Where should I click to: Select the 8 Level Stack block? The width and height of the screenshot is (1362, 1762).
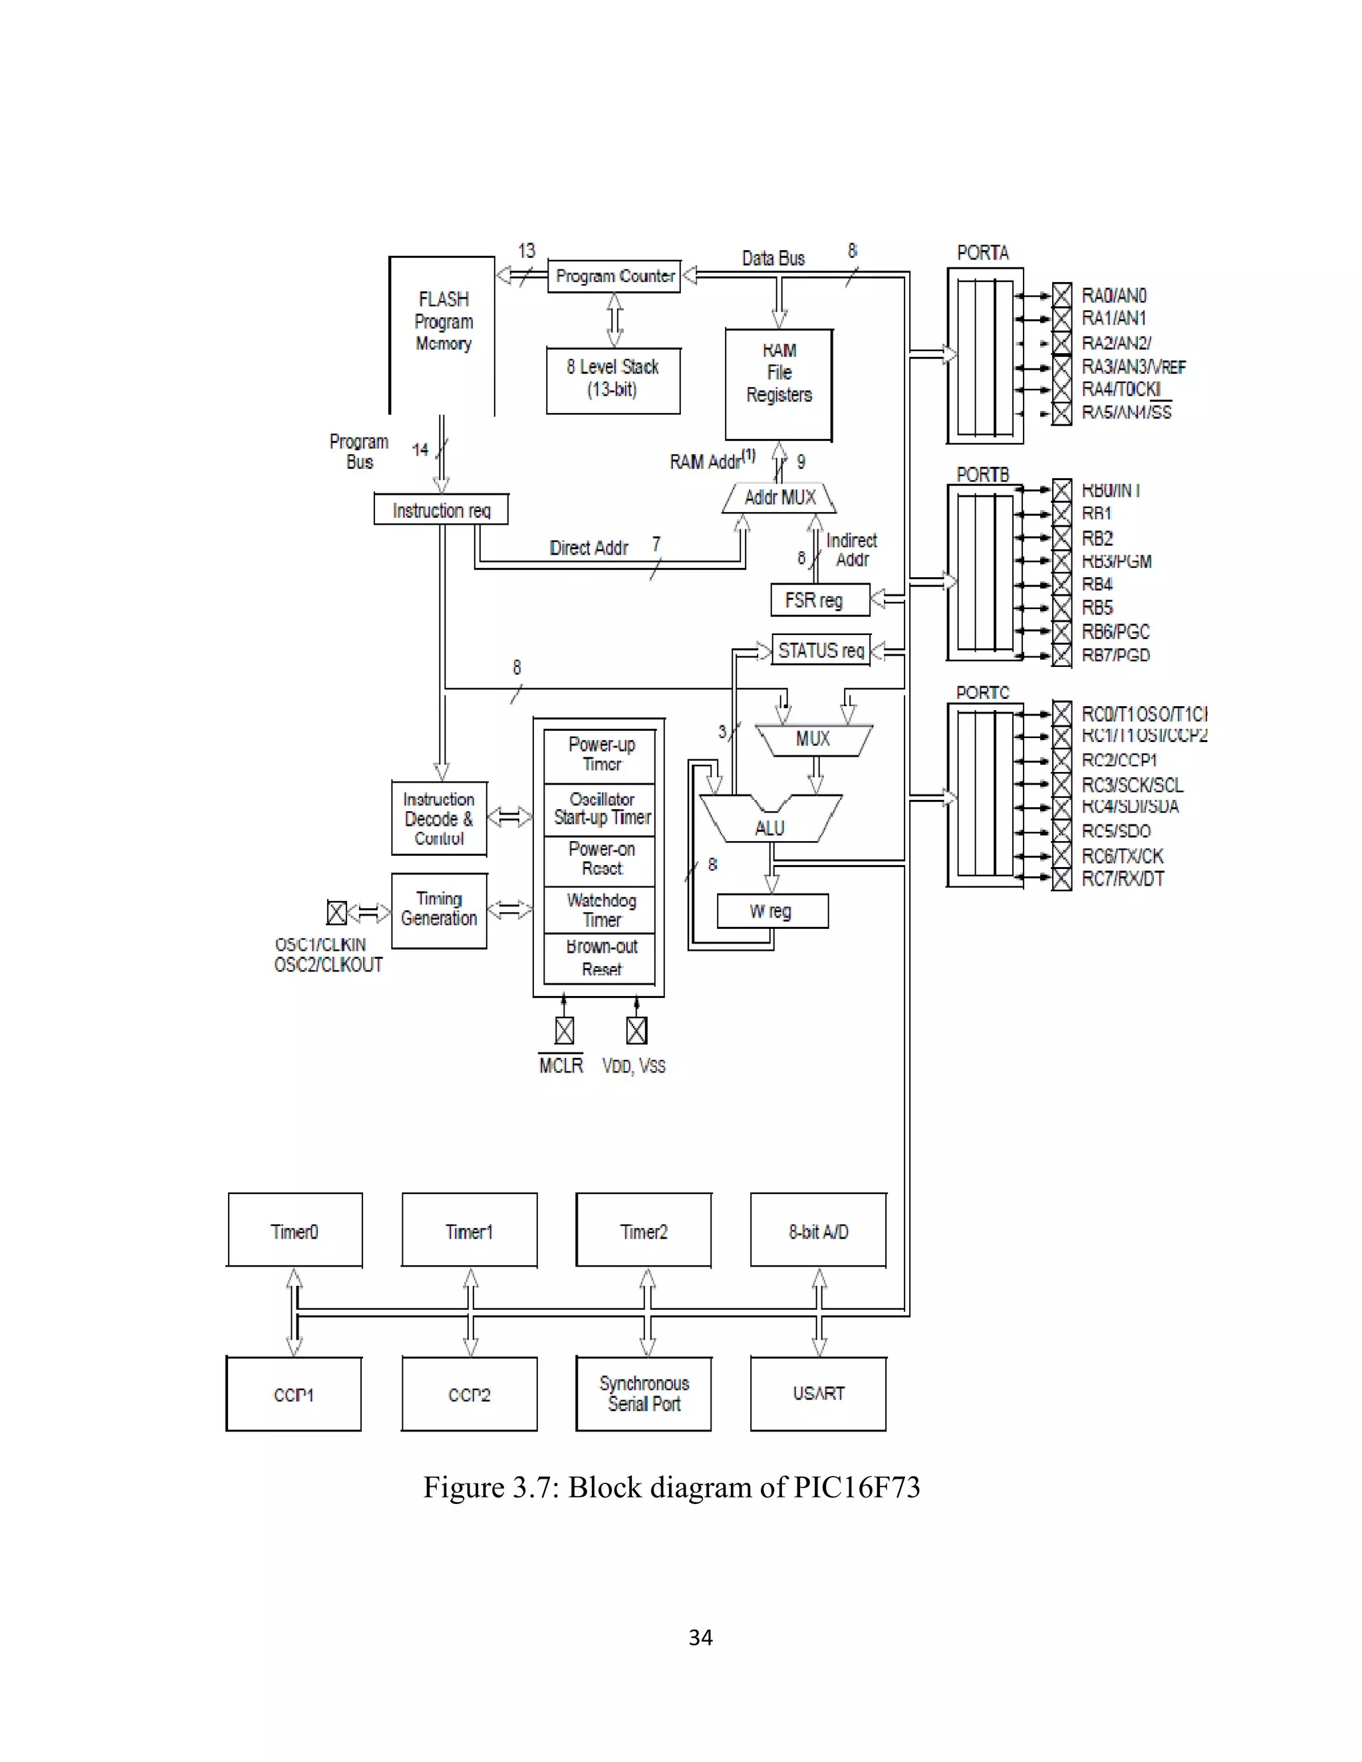coord(613,380)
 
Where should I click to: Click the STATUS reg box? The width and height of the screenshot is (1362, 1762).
coord(821,650)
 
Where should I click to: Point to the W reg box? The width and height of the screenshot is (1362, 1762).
coord(771,911)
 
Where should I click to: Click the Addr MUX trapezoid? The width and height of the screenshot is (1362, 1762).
coord(779,497)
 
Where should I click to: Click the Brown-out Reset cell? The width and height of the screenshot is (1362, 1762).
coord(601,958)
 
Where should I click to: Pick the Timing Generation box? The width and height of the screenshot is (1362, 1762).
coord(439,910)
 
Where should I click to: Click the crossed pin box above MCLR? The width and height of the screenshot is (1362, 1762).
coord(564,1030)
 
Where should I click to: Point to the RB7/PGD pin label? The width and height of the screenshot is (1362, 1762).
coord(1115,655)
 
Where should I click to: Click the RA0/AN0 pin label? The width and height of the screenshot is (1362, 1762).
coord(1113,296)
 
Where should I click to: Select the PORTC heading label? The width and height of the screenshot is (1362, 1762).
coord(982,692)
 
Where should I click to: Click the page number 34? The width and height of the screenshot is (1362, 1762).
coord(700,1637)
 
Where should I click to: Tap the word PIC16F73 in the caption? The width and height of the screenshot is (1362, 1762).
coord(856,1487)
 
